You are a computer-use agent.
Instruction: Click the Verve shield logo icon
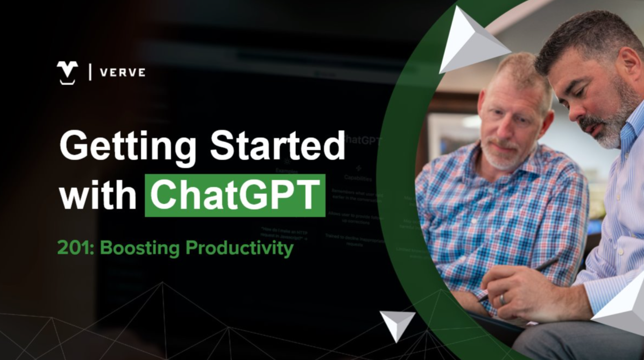point(67,72)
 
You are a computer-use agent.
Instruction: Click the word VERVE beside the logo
point(123,73)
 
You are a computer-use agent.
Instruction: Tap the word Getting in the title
point(128,146)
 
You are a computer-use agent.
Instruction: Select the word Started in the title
point(277,145)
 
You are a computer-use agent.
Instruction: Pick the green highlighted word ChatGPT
point(235,195)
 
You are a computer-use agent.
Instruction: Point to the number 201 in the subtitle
point(74,248)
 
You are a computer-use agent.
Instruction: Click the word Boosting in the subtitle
point(140,248)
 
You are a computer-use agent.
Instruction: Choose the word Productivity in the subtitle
point(239,248)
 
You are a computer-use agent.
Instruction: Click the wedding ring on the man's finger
point(502,300)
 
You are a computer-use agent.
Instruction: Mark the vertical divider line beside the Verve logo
point(91,72)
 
